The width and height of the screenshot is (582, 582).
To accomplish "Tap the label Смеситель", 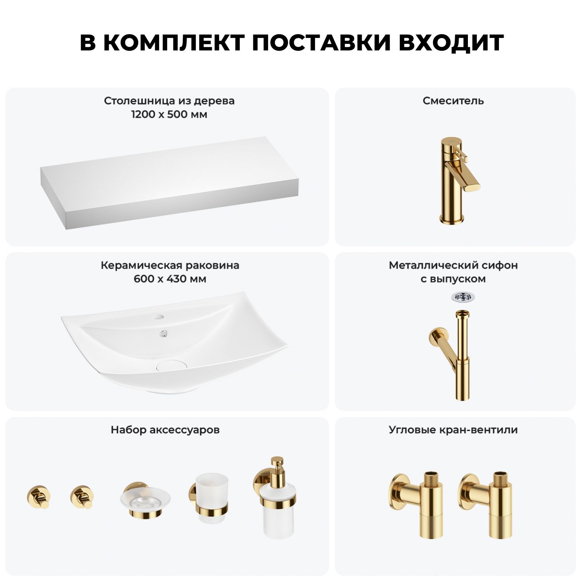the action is (x=453, y=101).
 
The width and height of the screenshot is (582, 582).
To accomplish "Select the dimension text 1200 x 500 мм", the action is (x=169, y=114).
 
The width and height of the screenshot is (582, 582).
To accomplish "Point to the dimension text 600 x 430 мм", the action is (x=170, y=279).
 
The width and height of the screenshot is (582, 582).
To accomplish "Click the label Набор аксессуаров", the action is (x=165, y=430).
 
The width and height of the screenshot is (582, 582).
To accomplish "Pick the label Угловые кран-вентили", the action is (x=453, y=430).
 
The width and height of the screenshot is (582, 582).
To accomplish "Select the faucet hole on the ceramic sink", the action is (x=159, y=317).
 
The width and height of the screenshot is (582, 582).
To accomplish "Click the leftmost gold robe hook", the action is (x=38, y=496).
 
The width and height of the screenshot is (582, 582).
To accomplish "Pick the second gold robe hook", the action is (x=82, y=496).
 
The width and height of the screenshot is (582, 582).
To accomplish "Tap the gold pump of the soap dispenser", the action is (x=277, y=466).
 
